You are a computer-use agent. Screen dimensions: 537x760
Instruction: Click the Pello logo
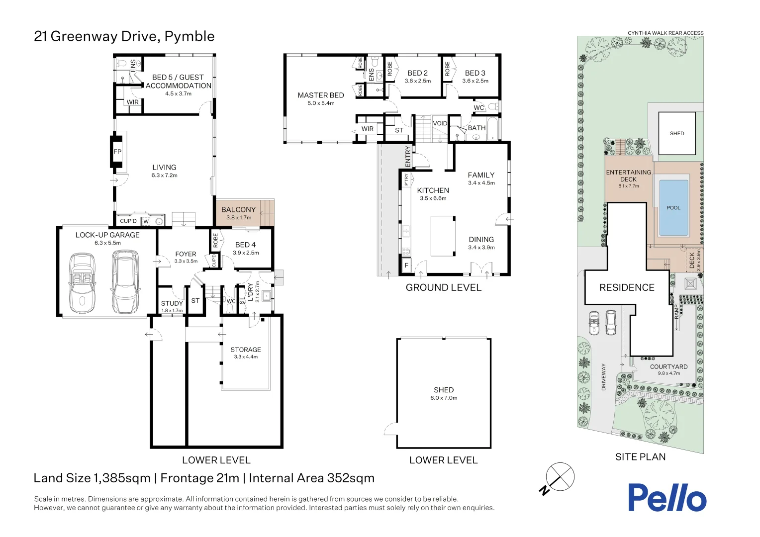point(666,498)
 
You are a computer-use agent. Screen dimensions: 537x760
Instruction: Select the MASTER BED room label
point(321,95)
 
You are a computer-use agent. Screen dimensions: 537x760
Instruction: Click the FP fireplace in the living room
point(117,152)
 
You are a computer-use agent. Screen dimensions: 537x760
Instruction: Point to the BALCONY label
point(238,210)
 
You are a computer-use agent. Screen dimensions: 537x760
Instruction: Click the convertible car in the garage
point(82,281)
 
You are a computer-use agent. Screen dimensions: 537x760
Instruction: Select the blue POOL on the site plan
point(673,208)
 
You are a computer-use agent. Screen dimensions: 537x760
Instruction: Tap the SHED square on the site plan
point(676,133)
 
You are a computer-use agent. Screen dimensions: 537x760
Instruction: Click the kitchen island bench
point(443,236)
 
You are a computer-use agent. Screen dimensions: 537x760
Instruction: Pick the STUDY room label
point(172,303)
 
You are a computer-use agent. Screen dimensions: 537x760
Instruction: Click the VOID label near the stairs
point(440,123)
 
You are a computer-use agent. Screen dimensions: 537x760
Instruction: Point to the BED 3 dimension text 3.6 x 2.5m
point(475,81)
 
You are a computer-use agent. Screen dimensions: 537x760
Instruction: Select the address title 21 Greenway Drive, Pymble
point(124,36)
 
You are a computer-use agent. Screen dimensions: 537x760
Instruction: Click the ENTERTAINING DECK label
point(628,176)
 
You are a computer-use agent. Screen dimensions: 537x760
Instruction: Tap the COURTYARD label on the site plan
point(668,367)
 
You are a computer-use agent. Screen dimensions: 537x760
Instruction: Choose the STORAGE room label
point(246,350)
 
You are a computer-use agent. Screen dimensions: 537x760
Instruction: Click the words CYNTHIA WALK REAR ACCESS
point(665,33)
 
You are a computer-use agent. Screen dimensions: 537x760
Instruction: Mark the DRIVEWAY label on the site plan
point(604,376)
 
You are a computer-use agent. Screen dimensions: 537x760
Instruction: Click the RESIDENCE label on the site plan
point(627,288)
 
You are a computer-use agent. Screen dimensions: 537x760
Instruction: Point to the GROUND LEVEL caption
point(443,287)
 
